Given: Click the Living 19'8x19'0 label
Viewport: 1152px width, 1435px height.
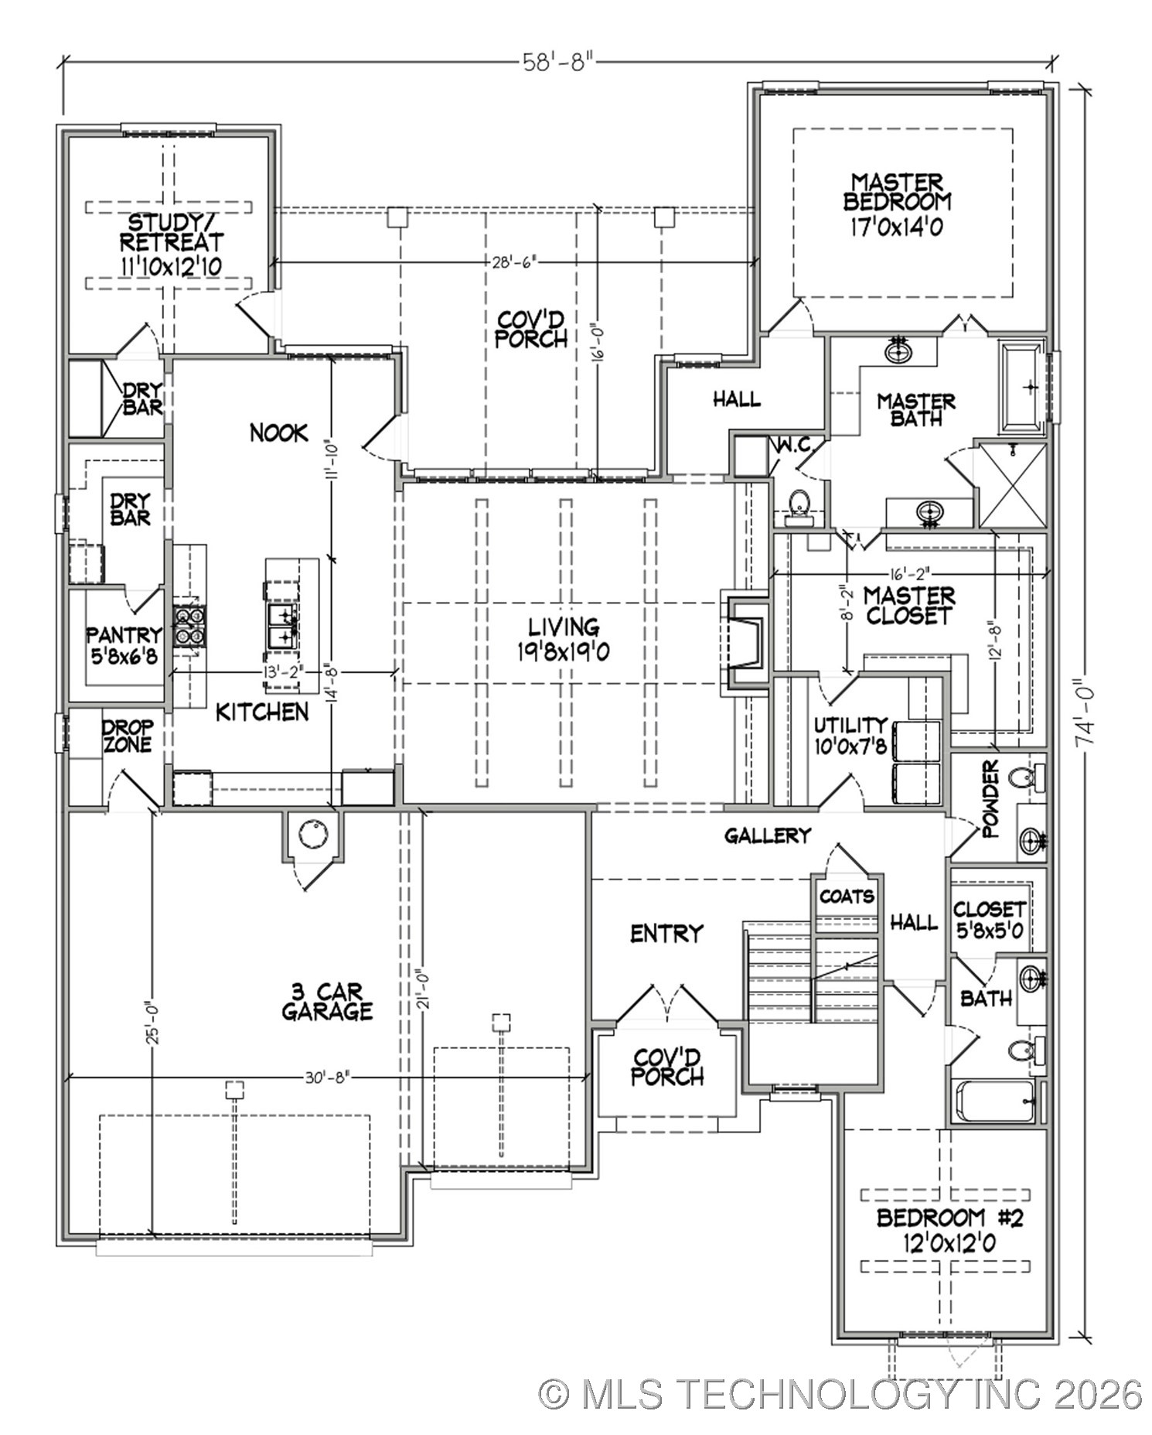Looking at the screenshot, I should [x=564, y=639].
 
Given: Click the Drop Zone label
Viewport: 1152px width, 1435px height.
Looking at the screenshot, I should [x=128, y=736].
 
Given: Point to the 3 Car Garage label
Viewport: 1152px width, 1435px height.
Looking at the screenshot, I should [x=327, y=1002].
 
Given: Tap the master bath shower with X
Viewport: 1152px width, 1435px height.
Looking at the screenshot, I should [x=1012, y=485].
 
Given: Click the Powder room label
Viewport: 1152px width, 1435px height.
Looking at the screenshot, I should [x=990, y=799].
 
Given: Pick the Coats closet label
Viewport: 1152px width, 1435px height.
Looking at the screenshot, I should [x=847, y=897].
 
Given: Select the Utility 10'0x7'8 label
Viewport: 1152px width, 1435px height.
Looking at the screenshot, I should [x=850, y=735].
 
